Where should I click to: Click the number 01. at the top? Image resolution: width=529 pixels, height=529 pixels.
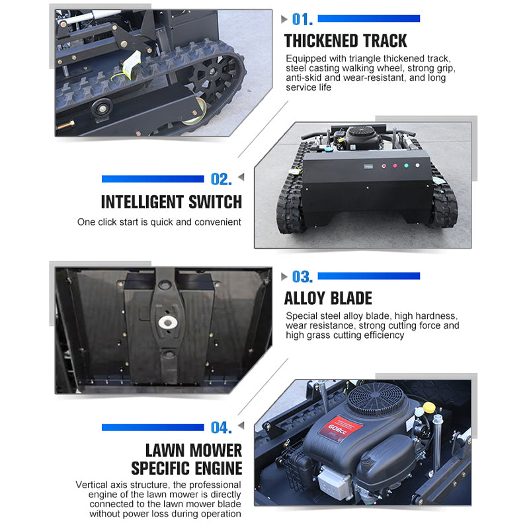302,19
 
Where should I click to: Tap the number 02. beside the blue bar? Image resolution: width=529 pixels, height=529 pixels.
221,179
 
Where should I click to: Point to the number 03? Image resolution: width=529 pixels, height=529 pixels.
302,276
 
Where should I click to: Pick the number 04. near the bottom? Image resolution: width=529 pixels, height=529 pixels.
221,428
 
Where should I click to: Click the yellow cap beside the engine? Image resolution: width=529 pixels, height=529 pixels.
428,405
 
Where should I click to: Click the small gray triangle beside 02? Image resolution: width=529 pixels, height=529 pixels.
241,178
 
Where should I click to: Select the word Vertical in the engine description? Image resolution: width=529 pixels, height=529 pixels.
91,485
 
